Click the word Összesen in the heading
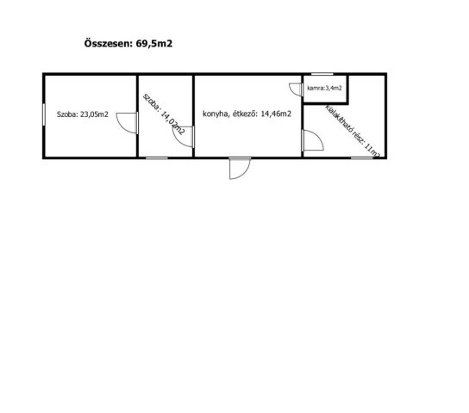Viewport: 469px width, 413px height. click(x=108, y=43)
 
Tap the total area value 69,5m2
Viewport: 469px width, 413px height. click(x=154, y=44)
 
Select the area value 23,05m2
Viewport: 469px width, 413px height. click(x=94, y=114)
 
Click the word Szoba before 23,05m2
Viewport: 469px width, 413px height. click(x=66, y=114)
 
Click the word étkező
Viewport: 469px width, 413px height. click(x=245, y=114)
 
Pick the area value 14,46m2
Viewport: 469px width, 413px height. click(x=276, y=114)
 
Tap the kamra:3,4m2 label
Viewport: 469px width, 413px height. click(x=324, y=88)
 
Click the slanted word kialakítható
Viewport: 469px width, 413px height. click(x=338, y=120)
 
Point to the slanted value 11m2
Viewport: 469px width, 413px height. click(x=372, y=151)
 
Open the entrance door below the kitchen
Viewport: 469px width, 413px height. click(x=240, y=169)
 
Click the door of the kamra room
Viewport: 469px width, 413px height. click(x=297, y=89)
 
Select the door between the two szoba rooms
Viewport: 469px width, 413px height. click(x=127, y=123)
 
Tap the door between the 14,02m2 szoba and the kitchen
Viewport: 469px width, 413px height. click(x=184, y=137)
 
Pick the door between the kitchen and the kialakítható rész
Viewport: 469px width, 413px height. click(x=313, y=140)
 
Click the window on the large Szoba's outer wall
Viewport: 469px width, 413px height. click(x=44, y=114)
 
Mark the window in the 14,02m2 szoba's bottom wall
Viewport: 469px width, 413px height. click(x=157, y=157)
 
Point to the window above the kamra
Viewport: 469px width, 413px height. click(x=322, y=74)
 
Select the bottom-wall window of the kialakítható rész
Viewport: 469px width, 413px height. click(x=361, y=157)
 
